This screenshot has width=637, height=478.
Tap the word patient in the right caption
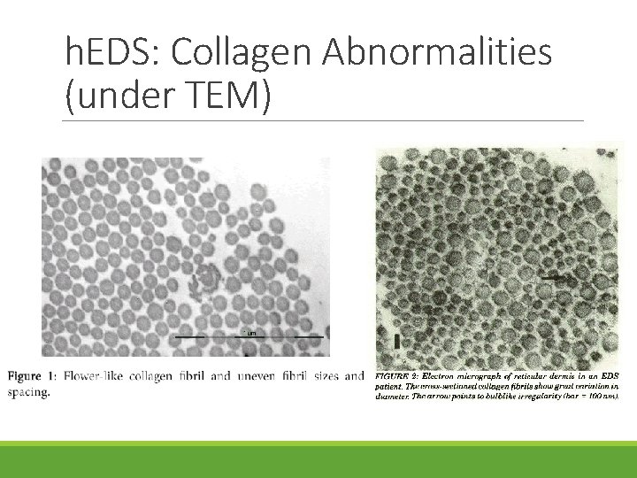point(392,386)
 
